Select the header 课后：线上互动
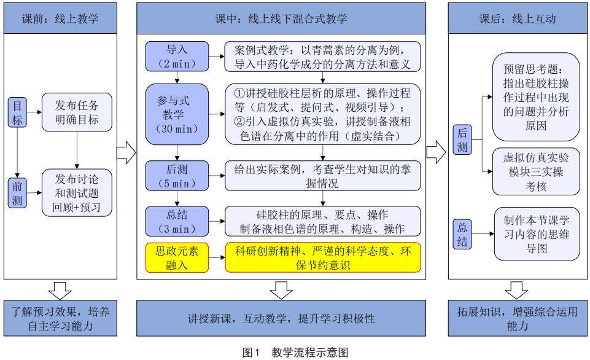(517, 18)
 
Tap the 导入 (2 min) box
(177, 56)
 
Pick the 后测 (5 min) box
(177, 174)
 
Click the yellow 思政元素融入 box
(177, 257)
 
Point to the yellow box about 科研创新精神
(323, 257)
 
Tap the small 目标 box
(17, 113)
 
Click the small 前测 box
(17, 194)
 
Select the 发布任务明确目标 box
(77, 112)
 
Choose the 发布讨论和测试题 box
(77, 193)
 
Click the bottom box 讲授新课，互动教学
(281, 319)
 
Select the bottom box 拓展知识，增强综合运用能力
(517, 319)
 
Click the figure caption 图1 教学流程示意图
(295, 352)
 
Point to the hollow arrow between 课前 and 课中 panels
(125, 153)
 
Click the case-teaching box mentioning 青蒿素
(323, 56)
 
